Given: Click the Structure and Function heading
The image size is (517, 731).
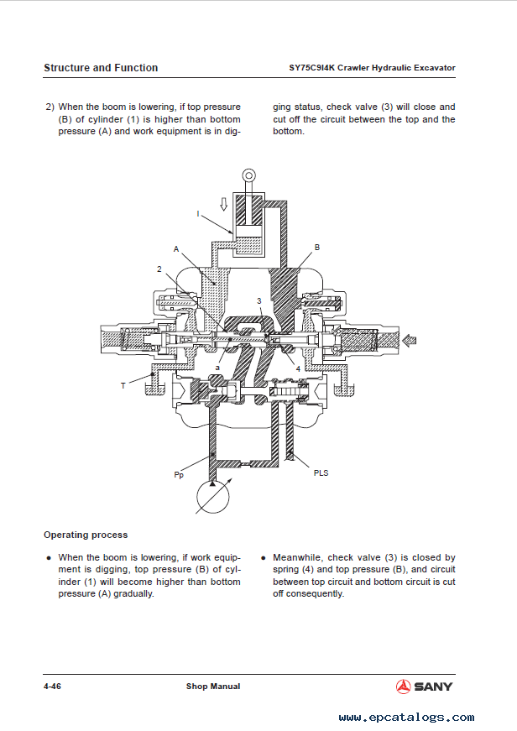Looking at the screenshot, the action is coord(101,68).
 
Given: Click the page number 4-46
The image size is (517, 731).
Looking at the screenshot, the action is coord(52,687).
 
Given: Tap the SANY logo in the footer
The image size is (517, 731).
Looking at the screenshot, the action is coord(424,687).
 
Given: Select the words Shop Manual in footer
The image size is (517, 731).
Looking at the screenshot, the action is coord(213,687).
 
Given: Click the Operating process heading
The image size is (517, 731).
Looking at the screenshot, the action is coord(86,535).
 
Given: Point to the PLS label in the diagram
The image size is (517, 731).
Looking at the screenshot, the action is coord(321,473).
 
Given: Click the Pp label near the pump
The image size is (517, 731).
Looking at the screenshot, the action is coord(179,475).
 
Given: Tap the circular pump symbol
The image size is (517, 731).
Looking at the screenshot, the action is coord(213,497).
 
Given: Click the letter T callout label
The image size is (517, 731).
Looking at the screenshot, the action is coord(123,385).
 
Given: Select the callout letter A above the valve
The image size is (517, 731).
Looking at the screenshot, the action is coord(176,249).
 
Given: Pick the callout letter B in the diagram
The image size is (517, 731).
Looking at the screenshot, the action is coord(317,247).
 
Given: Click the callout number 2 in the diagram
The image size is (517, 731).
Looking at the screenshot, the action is coord(159,269).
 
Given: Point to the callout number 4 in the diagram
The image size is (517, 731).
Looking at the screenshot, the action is coord(298,368).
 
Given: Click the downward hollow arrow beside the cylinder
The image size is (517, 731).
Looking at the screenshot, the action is coord(224,204).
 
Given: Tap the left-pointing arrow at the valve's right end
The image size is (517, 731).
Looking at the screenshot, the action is coord(409,341).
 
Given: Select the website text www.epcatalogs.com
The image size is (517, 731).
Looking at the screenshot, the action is coord(406,717).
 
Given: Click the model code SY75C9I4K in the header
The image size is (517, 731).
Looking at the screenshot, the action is coord(312,68).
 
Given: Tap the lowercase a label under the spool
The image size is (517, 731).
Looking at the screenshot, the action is coord(217,368).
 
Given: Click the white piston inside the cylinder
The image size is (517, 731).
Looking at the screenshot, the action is coord(249,232).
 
